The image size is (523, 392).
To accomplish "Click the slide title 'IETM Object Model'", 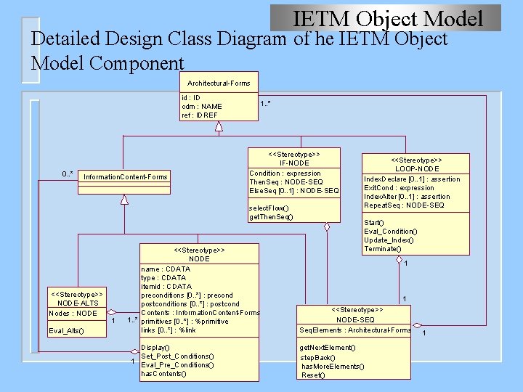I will [387, 18].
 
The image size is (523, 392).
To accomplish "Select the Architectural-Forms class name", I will [219, 83].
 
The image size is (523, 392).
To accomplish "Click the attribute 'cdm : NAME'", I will [202, 106].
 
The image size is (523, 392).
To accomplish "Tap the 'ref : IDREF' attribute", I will [200, 115].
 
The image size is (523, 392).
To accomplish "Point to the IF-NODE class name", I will [294, 163].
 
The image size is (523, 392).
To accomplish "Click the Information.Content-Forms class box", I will [126, 176].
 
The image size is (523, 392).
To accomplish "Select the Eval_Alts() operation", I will [67, 331].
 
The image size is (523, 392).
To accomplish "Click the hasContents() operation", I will [163, 374].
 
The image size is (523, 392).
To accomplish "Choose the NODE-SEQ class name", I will [356, 319].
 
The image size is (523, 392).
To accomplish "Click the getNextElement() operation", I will [328, 348].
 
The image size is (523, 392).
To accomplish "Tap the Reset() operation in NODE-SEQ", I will [313, 375].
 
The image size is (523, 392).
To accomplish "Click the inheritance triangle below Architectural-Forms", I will [219, 126].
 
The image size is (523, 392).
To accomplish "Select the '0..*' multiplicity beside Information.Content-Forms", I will [68, 174].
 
